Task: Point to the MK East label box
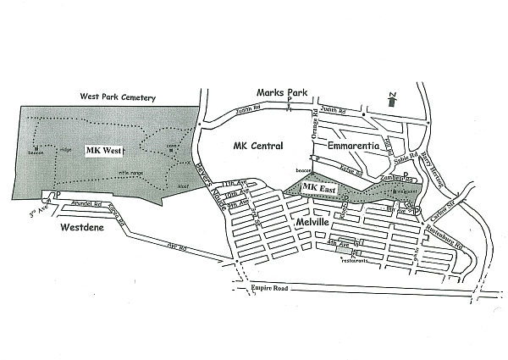(x=319, y=187)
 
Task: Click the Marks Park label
(x=284, y=91)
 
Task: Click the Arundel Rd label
(x=85, y=204)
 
